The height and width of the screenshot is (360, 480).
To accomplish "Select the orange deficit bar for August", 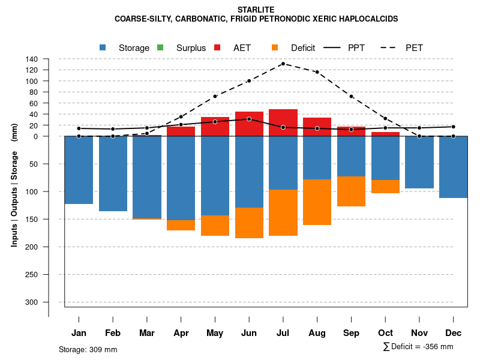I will (x=317, y=202).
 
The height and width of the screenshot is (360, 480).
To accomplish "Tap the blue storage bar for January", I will (x=79, y=170).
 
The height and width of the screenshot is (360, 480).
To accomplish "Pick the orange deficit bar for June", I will (x=249, y=223).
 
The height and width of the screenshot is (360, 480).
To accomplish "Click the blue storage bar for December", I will (x=453, y=167).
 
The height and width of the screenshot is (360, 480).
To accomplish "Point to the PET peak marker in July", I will (x=283, y=64).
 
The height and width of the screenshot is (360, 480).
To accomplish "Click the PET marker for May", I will (x=215, y=96).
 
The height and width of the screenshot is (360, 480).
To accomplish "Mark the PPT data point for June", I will (x=249, y=119).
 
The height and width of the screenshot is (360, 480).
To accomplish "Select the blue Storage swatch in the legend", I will (x=103, y=47).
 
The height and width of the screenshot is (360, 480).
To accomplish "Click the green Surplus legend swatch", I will (x=160, y=47).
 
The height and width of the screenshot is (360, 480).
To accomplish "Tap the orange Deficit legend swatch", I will (x=275, y=47).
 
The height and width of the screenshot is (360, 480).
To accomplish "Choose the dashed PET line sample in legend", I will (x=389, y=47).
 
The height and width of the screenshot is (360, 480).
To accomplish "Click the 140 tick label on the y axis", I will (x=32, y=59).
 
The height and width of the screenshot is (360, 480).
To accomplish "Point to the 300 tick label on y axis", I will (x=32, y=302).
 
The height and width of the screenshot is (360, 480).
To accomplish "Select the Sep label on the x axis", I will (x=351, y=333).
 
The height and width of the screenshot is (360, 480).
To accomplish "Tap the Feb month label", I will (x=113, y=333).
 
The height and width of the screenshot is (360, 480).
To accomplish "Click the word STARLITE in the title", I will (x=256, y=10).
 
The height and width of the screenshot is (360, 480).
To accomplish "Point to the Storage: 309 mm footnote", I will (x=88, y=349).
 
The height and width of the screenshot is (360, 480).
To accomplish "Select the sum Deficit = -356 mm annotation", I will (x=418, y=347).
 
